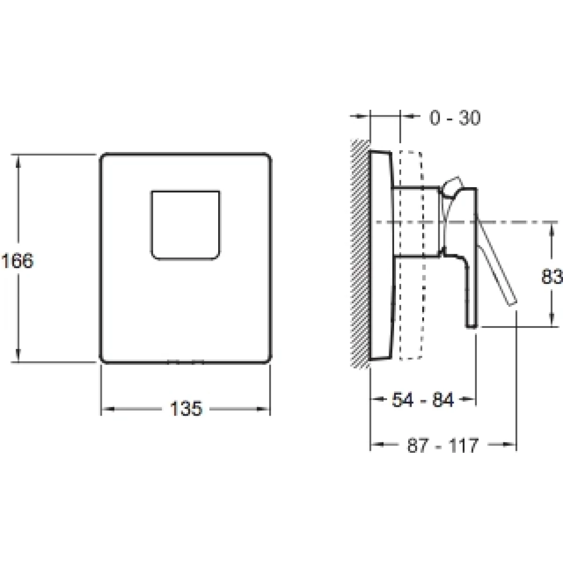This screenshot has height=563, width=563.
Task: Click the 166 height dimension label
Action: tap(17, 261)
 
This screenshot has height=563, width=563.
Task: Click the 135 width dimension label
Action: tap(186, 409)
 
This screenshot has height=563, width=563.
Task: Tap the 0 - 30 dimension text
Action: tap(455, 118)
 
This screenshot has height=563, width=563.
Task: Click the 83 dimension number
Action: tap(552, 276)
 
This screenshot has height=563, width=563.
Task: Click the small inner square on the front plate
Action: tap(185, 225)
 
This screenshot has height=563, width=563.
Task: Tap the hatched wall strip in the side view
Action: tap(360, 254)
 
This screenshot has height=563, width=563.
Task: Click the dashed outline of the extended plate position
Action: tap(411, 255)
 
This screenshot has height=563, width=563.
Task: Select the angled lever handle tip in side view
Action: tap(513, 303)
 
